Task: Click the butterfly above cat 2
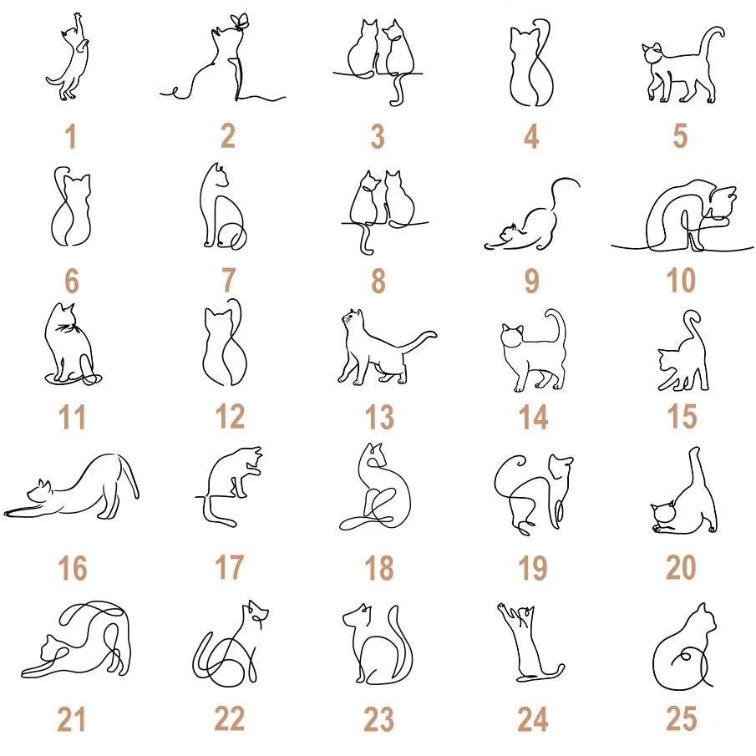tap(240, 22)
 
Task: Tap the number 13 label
tap(379, 417)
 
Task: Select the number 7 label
tap(229, 280)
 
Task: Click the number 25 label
tap(682, 718)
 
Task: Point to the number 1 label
tap(71, 136)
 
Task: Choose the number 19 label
tap(533, 567)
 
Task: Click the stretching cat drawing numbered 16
tap(71, 487)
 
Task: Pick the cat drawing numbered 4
tap(531, 63)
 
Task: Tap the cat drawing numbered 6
tap(71, 206)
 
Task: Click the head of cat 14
tap(512, 335)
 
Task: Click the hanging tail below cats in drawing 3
tap(398, 90)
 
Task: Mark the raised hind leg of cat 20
tap(698, 475)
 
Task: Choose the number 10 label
tap(681, 280)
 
